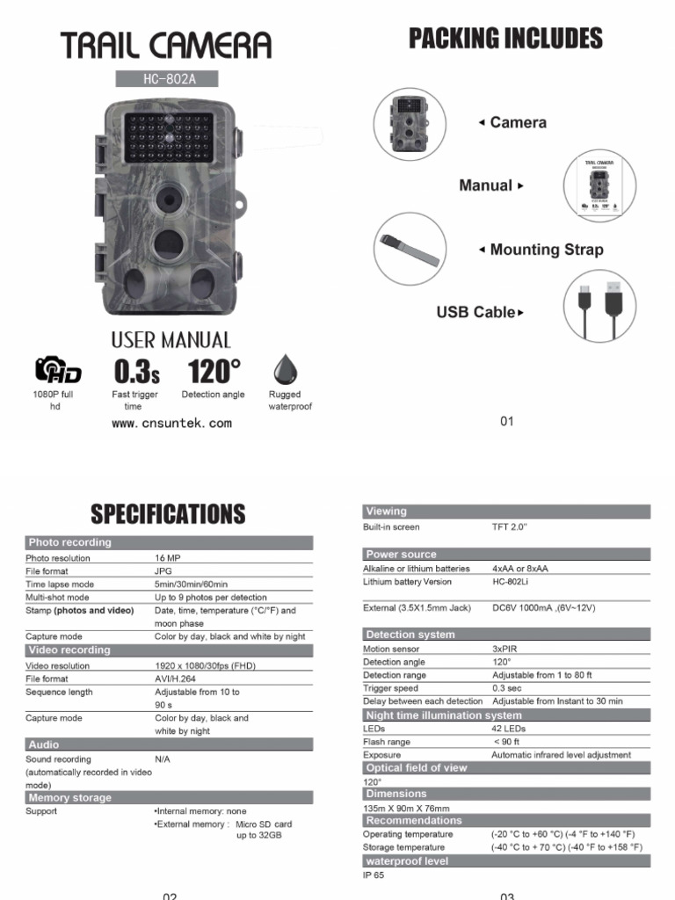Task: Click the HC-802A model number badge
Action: pyautogui.click(x=166, y=79)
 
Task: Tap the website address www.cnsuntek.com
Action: pyautogui.click(x=172, y=423)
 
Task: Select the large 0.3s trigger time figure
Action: pyautogui.click(x=135, y=370)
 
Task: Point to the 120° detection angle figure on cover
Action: pyautogui.click(x=214, y=370)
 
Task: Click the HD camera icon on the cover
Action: pyautogui.click(x=58, y=370)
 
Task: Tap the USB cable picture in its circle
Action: pyautogui.click(x=600, y=304)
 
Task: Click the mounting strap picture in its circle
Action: pyautogui.click(x=410, y=248)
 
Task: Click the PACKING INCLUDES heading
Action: pyautogui.click(x=506, y=39)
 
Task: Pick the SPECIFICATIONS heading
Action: pyautogui.click(x=169, y=513)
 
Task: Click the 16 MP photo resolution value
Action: pyautogui.click(x=167, y=558)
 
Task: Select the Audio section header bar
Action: pyautogui.click(x=169, y=744)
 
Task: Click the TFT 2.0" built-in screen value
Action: pyautogui.click(x=509, y=527)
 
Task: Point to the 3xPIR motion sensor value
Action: pyautogui.click(x=504, y=649)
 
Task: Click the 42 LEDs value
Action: pyautogui.click(x=508, y=729)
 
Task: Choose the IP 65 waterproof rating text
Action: pyautogui.click(x=374, y=875)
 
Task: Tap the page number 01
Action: pyautogui.click(x=506, y=422)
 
